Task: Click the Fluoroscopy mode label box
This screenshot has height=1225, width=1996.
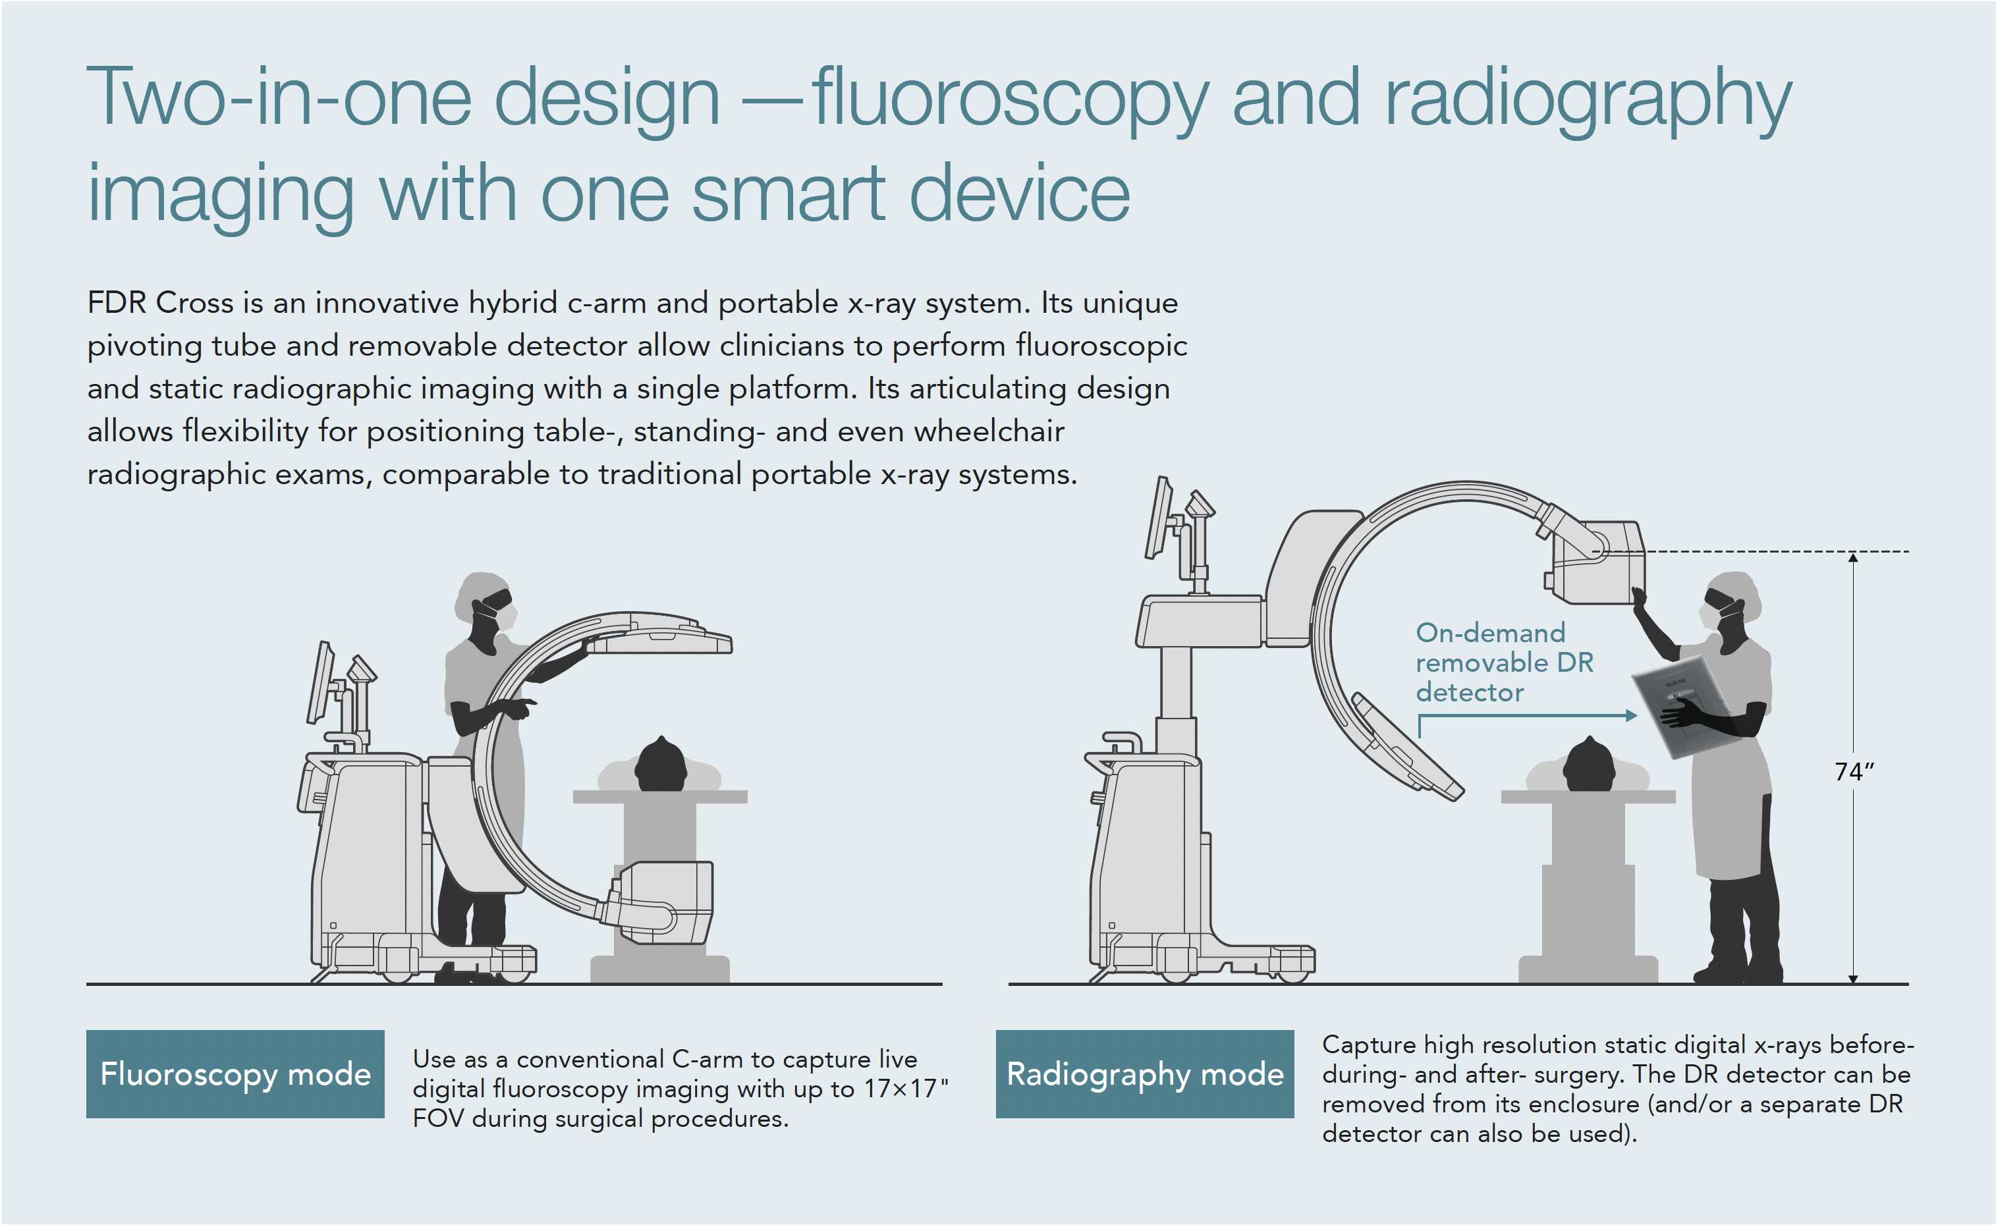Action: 235,1074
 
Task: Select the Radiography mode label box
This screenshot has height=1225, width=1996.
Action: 1144,1074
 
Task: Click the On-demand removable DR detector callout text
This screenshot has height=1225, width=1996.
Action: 1504,662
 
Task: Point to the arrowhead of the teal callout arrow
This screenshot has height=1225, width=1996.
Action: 1631,715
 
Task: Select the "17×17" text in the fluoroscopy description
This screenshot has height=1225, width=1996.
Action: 900,1088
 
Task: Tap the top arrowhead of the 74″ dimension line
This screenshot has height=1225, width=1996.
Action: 1852,557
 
